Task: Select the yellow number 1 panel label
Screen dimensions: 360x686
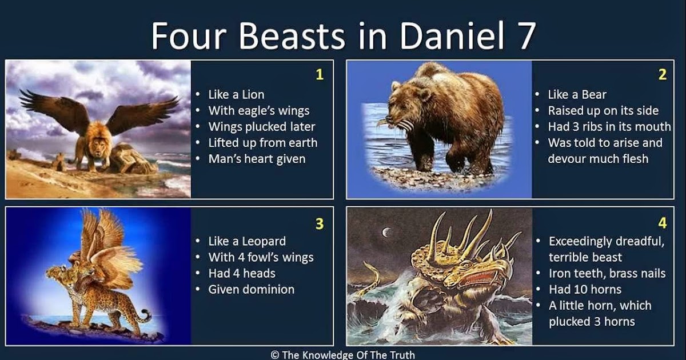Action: coord(320,74)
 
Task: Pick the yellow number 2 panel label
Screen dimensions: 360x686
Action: coord(663,74)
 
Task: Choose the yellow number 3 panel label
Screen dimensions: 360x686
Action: coord(320,224)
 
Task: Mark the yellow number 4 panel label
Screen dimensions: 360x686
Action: coord(663,224)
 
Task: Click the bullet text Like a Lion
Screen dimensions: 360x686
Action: coord(236,94)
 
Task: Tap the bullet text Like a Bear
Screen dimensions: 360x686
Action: coord(577,94)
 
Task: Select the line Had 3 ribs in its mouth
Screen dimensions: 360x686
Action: coord(609,127)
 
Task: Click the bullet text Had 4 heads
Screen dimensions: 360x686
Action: coord(242,273)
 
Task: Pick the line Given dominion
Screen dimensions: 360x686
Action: coord(251,289)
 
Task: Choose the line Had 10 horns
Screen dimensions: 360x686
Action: coord(585,289)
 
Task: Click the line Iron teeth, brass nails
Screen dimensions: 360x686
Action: coord(607,273)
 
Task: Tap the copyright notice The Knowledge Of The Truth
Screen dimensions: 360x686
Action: coord(342,354)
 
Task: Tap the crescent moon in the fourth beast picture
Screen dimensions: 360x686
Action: coord(386,232)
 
